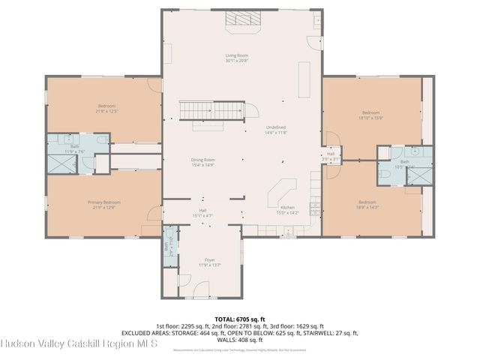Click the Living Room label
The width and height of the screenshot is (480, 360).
click(x=237, y=58)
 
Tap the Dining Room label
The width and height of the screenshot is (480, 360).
click(x=203, y=162)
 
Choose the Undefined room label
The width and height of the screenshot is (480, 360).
click(x=276, y=130)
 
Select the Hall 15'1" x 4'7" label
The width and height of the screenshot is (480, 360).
click(x=202, y=213)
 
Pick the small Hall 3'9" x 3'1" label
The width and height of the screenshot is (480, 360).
click(x=330, y=156)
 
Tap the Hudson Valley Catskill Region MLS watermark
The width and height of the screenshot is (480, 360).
click(x=79, y=344)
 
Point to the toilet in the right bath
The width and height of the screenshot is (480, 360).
click(x=383, y=173)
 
